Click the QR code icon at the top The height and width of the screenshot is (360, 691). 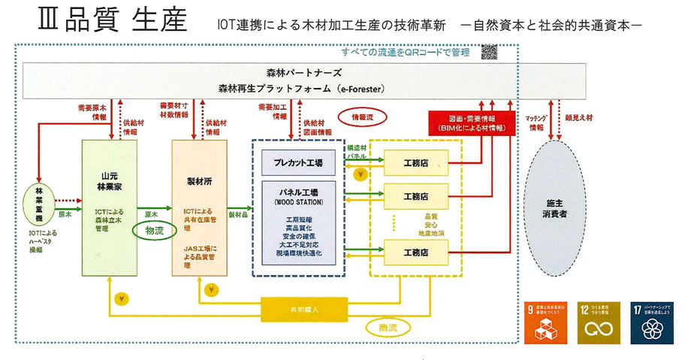(489, 52)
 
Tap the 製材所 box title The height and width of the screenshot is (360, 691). (200, 181)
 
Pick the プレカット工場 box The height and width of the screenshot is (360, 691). (298, 162)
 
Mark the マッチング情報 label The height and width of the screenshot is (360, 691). (536, 122)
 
